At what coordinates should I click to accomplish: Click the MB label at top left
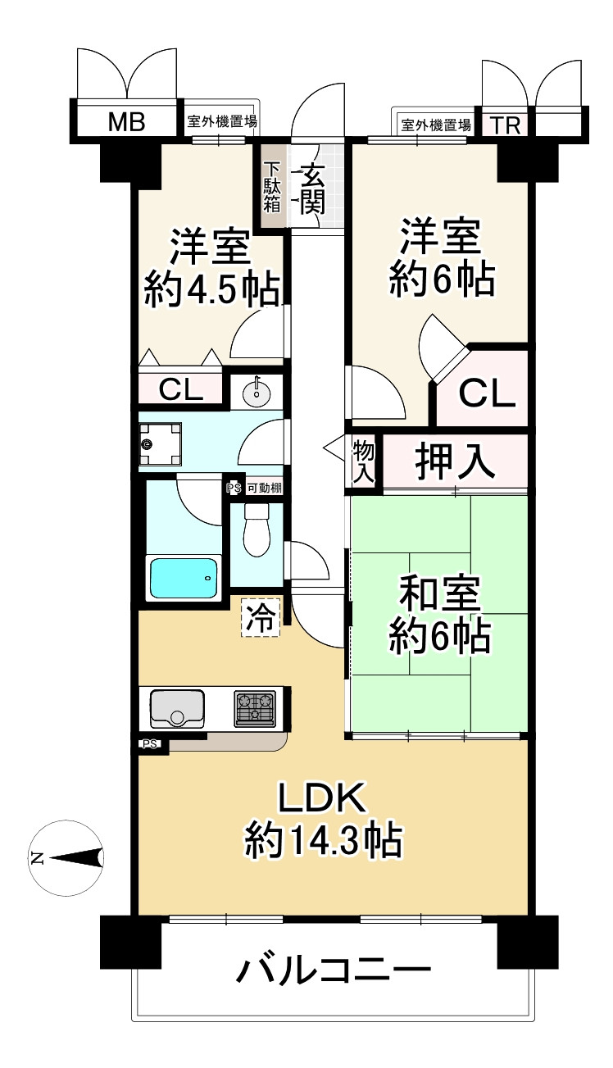(x=127, y=123)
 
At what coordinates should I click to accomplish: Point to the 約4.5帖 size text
(x=211, y=290)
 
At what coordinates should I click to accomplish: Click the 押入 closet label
(x=455, y=461)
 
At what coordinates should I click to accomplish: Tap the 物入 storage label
(x=363, y=461)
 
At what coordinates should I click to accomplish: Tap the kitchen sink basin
(x=177, y=707)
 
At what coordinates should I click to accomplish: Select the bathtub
(x=184, y=577)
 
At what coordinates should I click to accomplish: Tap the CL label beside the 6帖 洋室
(x=487, y=395)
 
